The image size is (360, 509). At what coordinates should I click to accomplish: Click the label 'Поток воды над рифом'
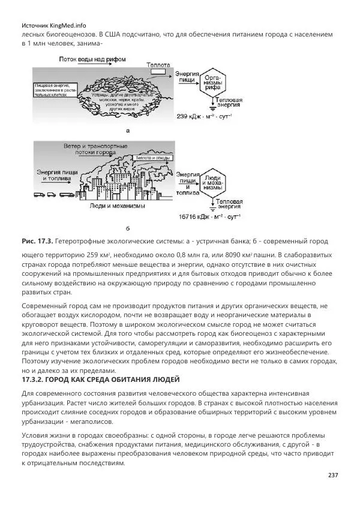tap(91, 60)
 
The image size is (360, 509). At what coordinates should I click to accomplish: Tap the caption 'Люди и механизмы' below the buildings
tap(114, 207)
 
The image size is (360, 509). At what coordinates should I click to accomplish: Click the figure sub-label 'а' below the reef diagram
tap(127, 129)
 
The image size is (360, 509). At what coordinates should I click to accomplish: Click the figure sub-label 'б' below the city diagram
tap(127, 228)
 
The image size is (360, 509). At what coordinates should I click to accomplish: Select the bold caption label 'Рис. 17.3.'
tap(37, 241)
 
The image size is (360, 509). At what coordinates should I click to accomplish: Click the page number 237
tap(333, 475)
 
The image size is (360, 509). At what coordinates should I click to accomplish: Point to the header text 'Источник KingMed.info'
tap(53, 26)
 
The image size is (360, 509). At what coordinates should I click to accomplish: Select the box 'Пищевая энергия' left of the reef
tap(53, 90)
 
